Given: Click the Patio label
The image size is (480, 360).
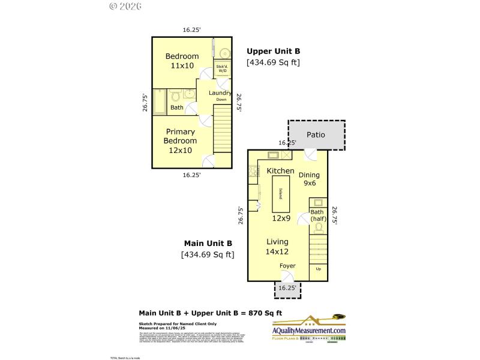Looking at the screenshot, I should [x=316, y=134].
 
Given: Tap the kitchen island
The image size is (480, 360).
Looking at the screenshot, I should [x=281, y=194].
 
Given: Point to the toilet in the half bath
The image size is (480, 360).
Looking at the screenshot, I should [x=317, y=228].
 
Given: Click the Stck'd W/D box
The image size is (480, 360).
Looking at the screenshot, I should [x=222, y=68].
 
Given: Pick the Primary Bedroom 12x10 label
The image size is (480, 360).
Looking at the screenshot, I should [x=180, y=141].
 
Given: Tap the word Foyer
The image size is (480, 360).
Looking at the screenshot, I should [x=287, y=265].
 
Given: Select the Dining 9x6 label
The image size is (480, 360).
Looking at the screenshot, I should [x=310, y=179].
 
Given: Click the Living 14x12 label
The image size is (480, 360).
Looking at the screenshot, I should [x=277, y=247].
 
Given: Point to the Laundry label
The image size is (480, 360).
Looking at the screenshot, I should [x=220, y=94].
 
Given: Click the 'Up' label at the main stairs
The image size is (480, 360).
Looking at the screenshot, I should [x=318, y=269].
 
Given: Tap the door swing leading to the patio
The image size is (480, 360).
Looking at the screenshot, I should [x=311, y=155].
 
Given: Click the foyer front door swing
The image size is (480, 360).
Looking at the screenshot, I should [x=288, y=276].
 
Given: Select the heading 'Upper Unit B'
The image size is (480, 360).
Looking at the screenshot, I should [x=273, y=52].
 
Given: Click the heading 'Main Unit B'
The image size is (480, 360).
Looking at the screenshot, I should [x=208, y=244].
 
